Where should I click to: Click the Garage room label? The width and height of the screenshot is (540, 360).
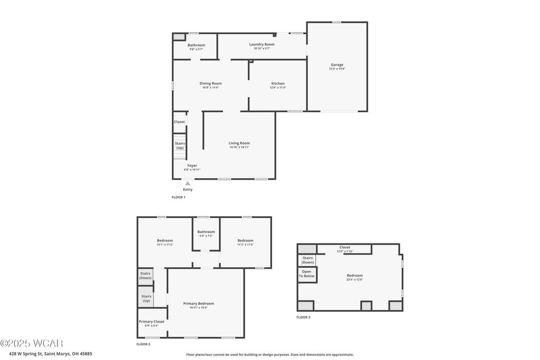coord(337,65)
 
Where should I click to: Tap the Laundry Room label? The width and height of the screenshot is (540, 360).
coord(262,44)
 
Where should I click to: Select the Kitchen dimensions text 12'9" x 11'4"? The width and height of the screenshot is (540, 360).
coord(278,87)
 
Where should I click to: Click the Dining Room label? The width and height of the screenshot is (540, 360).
coord(210,83)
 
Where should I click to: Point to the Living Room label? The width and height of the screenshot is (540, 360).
coord(239,143)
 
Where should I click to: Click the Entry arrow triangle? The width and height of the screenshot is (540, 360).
coord(188,183)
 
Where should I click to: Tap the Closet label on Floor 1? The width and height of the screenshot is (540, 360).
coord(179,122)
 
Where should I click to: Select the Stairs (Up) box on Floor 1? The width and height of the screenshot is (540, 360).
coord(180,145)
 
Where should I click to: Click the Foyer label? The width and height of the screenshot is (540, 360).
coord(192,166)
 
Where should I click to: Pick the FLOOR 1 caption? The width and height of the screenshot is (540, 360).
coord(178,197)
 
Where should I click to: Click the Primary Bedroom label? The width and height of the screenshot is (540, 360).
coord(198,303)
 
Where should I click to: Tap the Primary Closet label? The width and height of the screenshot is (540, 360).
coord(151,322)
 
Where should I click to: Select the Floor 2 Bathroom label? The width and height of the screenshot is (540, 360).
coord(206,231)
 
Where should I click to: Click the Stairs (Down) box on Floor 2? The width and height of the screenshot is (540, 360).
coord(145,276)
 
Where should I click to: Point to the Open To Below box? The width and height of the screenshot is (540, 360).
coord(306,274)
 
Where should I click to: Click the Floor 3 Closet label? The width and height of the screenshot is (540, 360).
coord(344,247)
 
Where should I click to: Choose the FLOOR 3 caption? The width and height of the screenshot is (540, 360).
coord(303,317)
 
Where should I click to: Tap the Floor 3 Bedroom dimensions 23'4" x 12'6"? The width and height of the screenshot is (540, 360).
coord(354,279)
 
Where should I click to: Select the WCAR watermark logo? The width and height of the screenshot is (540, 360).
coord(32,343)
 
